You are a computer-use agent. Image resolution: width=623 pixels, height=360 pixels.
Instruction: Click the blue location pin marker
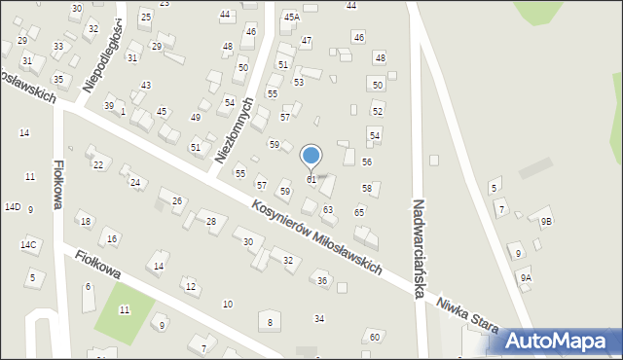311,156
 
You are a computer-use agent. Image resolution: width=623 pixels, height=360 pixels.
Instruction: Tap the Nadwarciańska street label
421,248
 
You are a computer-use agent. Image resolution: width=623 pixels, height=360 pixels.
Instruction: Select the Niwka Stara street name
468,312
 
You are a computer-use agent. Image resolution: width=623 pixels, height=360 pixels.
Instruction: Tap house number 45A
291,17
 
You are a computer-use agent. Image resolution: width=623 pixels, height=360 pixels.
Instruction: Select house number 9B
546,221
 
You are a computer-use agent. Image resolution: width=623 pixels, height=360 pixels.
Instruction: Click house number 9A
526,278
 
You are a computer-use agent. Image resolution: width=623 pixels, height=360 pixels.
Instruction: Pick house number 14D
13,207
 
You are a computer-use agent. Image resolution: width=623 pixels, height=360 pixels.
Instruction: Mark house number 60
375,337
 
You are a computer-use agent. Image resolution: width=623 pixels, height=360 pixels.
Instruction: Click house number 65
359,212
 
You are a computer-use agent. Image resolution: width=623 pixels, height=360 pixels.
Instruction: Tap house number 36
322,280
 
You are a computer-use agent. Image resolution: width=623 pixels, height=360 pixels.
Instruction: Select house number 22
98,164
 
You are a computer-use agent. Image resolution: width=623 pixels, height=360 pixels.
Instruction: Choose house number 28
210,222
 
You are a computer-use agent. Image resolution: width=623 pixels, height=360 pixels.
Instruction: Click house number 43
146,86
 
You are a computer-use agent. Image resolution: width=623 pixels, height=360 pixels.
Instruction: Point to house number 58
367,188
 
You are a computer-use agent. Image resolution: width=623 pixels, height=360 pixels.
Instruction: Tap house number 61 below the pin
311,180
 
